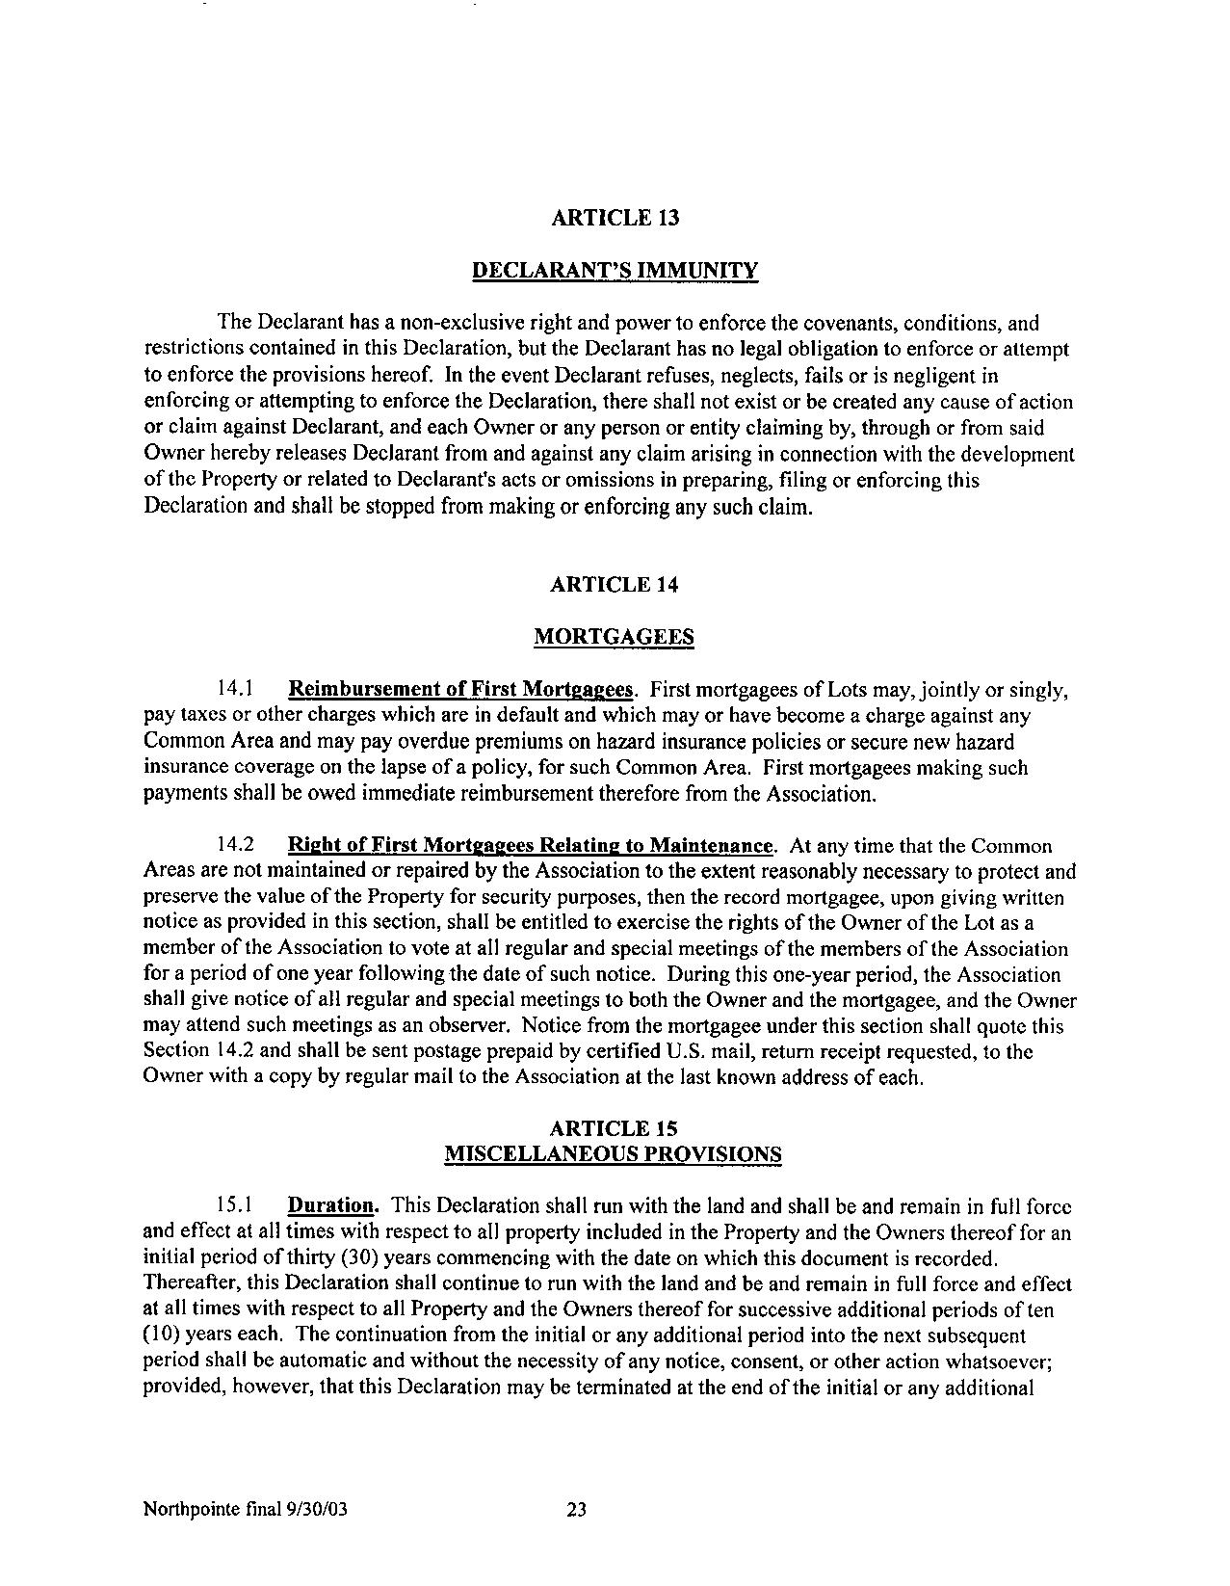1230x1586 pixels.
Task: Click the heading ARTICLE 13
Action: pyautogui.click(x=615, y=218)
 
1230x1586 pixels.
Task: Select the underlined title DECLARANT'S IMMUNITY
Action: pyautogui.click(x=615, y=271)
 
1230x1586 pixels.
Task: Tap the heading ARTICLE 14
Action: pyautogui.click(x=615, y=584)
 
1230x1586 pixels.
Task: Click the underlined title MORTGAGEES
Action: pyautogui.click(x=614, y=637)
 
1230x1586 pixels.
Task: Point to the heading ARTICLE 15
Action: pyautogui.click(x=614, y=1128)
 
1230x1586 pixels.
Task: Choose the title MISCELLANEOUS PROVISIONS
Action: pyautogui.click(x=613, y=1154)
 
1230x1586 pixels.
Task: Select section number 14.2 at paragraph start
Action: pyautogui.click(x=235, y=846)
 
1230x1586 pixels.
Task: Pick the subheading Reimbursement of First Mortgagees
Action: pyautogui.click(x=462, y=690)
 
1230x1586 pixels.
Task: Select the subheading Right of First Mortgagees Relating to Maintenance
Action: pyautogui.click(x=531, y=846)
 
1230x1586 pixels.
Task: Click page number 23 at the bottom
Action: pyautogui.click(x=576, y=1509)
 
